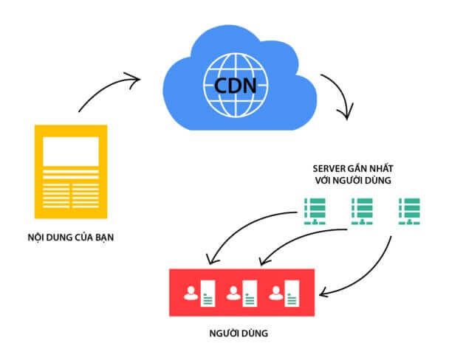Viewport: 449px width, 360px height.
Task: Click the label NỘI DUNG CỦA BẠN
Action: (x=71, y=238)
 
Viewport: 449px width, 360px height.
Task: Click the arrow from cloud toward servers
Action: (x=340, y=96)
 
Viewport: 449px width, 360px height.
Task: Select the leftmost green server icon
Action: (x=313, y=211)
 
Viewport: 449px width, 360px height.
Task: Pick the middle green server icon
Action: (x=360, y=211)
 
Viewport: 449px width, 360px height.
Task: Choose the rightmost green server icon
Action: (x=409, y=211)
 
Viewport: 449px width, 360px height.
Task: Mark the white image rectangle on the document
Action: (x=71, y=150)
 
